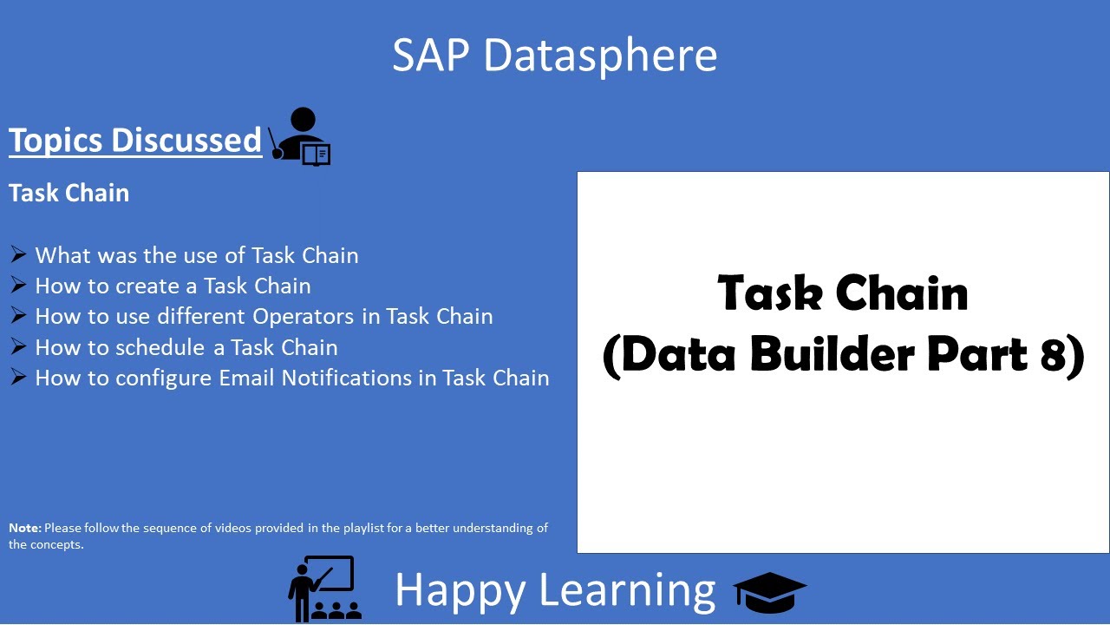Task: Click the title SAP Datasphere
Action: (x=554, y=55)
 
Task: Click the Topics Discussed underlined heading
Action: (x=135, y=140)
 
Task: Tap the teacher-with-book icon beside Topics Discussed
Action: (x=300, y=137)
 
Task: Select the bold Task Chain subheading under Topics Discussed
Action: (x=69, y=193)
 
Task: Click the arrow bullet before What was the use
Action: (x=18, y=254)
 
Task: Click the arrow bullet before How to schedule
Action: (x=18, y=347)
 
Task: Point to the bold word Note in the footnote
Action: (x=24, y=528)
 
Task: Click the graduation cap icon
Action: (x=769, y=592)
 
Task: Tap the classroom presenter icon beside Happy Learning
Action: (x=324, y=589)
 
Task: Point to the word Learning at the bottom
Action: (x=626, y=590)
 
